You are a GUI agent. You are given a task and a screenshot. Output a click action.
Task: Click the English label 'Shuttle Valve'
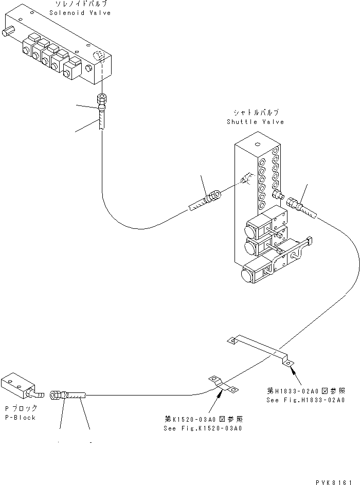(255, 122)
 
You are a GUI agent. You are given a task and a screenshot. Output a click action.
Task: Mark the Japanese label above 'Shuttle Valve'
(256, 113)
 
